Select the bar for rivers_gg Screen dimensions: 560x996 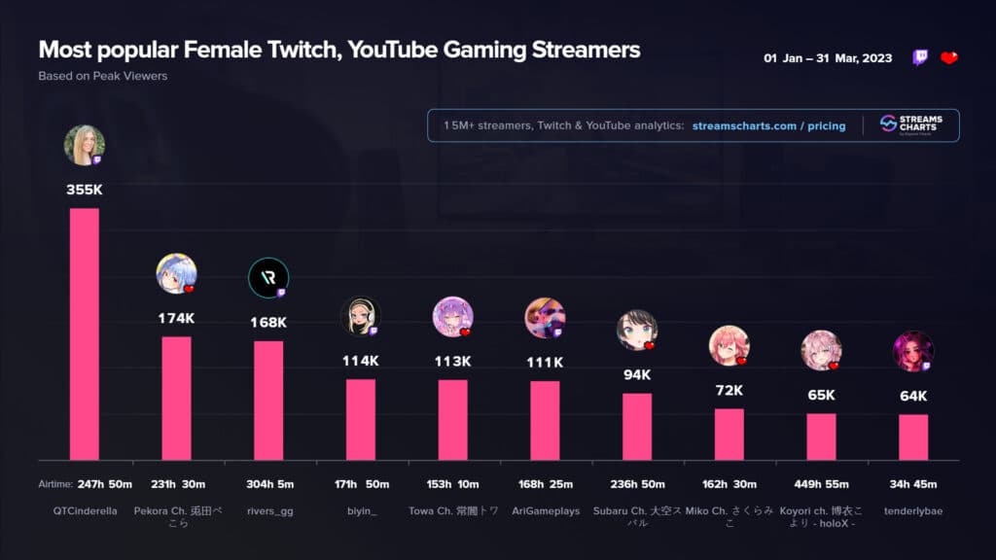[268, 400]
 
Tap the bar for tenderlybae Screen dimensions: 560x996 [913, 437]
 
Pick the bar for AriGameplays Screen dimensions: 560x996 [545, 420]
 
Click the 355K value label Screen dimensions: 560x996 [85, 190]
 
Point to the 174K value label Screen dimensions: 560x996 [176, 318]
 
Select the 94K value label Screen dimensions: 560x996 [637, 374]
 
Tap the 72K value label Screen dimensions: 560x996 [729, 390]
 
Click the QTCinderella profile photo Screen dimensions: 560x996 [85, 146]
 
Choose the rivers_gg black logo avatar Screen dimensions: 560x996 [268, 277]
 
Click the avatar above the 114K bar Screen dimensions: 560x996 [360, 316]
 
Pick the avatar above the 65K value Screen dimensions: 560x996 [821, 351]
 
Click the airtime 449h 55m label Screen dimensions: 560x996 [821, 484]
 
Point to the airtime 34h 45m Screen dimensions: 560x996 [913, 484]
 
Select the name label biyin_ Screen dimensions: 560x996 [360, 510]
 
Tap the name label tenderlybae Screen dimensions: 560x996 [913, 510]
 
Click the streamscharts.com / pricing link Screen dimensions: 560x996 [768, 125]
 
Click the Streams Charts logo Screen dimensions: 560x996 [911, 124]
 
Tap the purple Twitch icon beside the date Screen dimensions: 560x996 [920, 57]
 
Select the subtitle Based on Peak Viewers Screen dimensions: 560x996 [103, 75]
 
